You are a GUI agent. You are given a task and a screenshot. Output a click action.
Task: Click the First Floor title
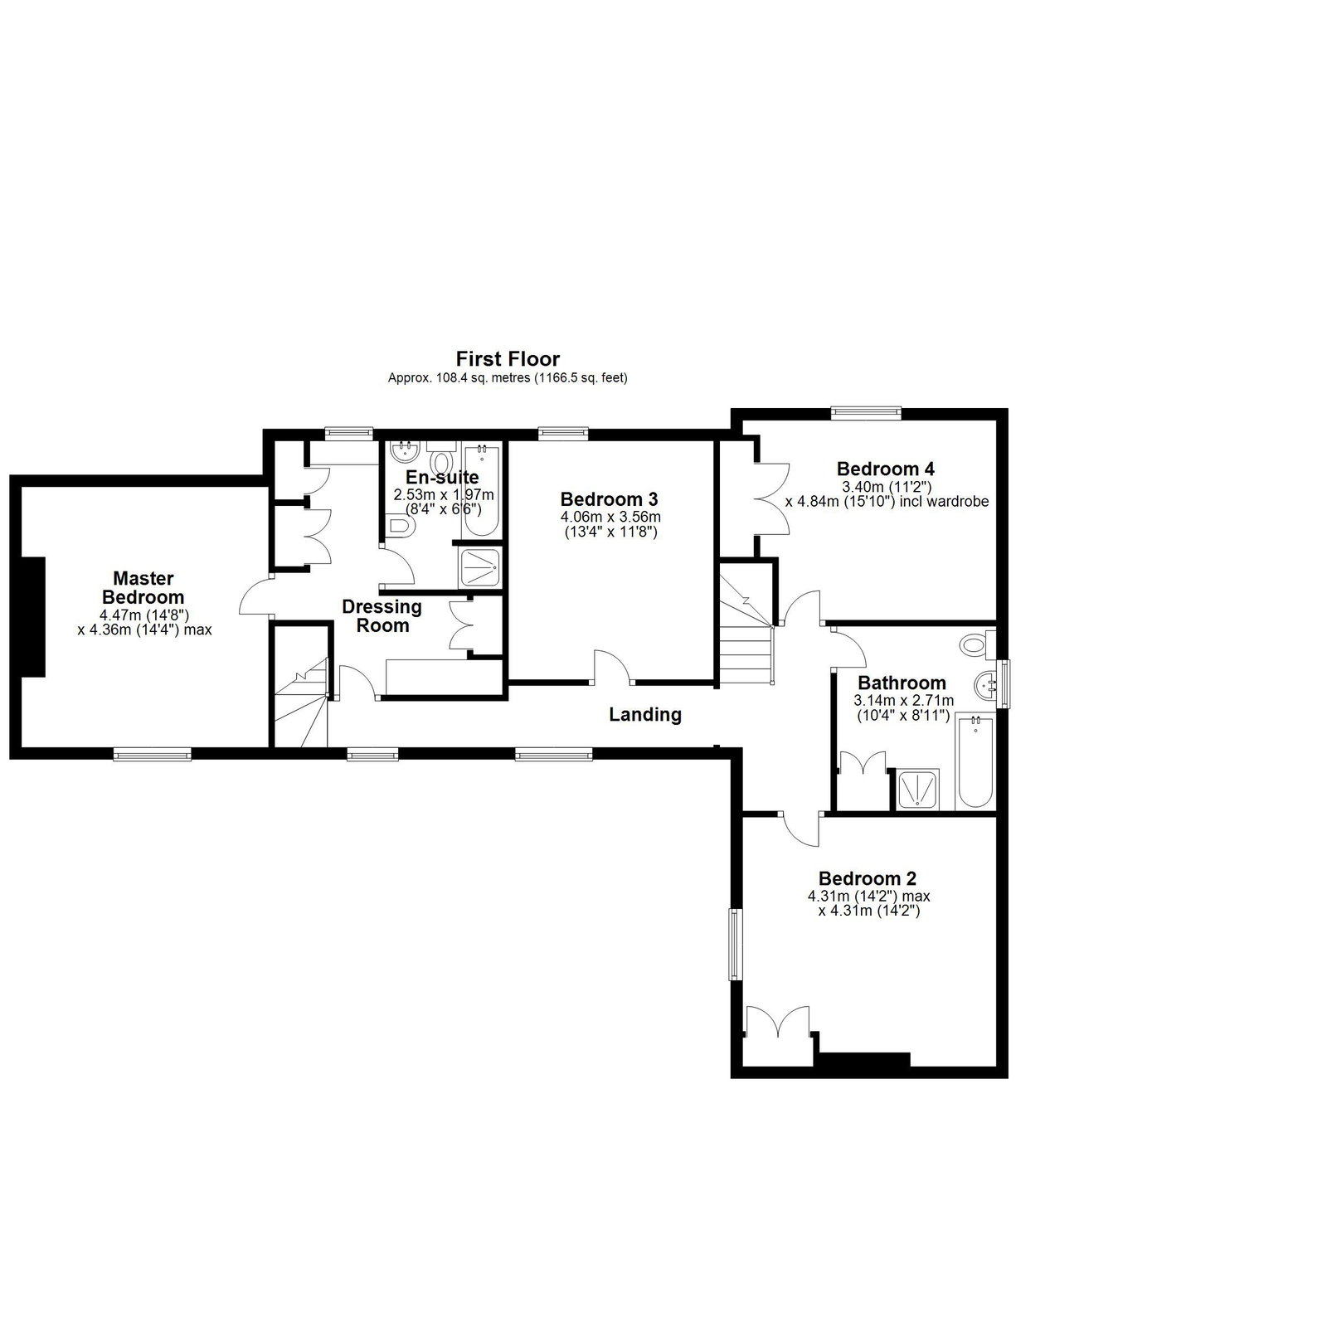[x=508, y=359]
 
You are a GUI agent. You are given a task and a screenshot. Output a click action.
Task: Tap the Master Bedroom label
[x=143, y=587]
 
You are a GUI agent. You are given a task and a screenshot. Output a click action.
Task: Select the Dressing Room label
[x=382, y=616]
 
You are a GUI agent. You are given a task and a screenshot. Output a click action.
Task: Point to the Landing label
[x=645, y=714]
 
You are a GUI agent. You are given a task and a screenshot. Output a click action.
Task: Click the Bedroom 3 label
[x=610, y=499]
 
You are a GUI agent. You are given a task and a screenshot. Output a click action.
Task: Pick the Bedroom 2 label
[x=868, y=878]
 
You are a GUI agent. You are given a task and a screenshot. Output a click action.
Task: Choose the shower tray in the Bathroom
[x=919, y=788]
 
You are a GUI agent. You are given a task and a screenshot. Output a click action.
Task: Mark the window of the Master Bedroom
[x=153, y=754]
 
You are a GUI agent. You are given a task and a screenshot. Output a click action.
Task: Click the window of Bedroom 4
[x=867, y=409]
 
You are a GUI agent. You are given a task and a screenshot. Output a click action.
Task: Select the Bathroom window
[x=1004, y=683]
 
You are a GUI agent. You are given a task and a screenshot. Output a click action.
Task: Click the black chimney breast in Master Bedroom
[x=33, y=617]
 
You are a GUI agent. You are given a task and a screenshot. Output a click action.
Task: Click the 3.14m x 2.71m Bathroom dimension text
[x=903, y=701]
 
